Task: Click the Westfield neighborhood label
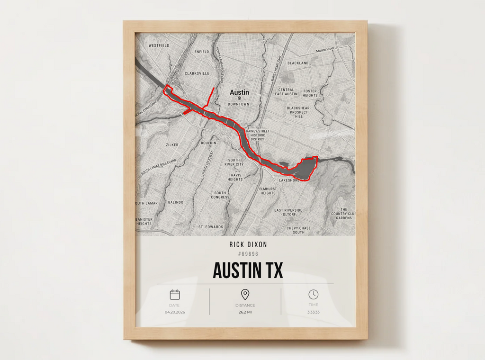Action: [159, 45]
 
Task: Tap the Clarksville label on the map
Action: [197, 73]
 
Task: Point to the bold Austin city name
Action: [239, 92]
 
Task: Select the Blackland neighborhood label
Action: [298, 63]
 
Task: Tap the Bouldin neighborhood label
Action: [208, 143]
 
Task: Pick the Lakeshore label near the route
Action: [289, 180]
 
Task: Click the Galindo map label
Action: [175, 202]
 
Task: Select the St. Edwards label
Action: [211, 227]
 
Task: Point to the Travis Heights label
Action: [235, 177]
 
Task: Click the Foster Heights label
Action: [310, 93]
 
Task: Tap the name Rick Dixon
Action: [248, 245]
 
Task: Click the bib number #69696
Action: [248, 254]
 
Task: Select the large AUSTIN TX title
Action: [248, 270]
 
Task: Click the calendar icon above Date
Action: [175, 295]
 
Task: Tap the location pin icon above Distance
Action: [245, 294]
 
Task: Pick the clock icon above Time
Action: [313, 294]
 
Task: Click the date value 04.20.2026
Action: [175, 312]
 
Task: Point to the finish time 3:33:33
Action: [313, 312]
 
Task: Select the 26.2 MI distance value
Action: [245, 312]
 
